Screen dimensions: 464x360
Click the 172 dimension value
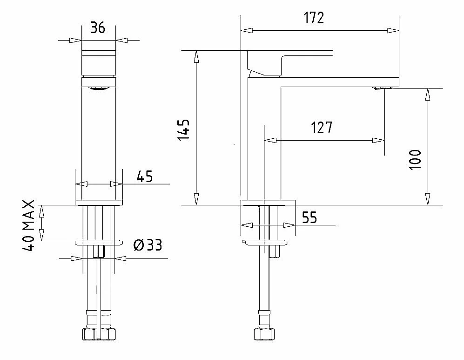pos(314,18)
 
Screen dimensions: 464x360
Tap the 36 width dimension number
pos(98,27)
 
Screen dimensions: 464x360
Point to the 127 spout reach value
pos(322,128)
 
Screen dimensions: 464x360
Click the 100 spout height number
pos(415,160)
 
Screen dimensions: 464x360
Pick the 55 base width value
pos(309,217)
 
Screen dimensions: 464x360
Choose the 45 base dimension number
pos(145,177)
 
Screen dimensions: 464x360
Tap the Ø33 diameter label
pos(148,245)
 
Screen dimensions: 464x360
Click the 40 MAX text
pos(29,225)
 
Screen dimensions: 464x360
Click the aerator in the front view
pos(98,88)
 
